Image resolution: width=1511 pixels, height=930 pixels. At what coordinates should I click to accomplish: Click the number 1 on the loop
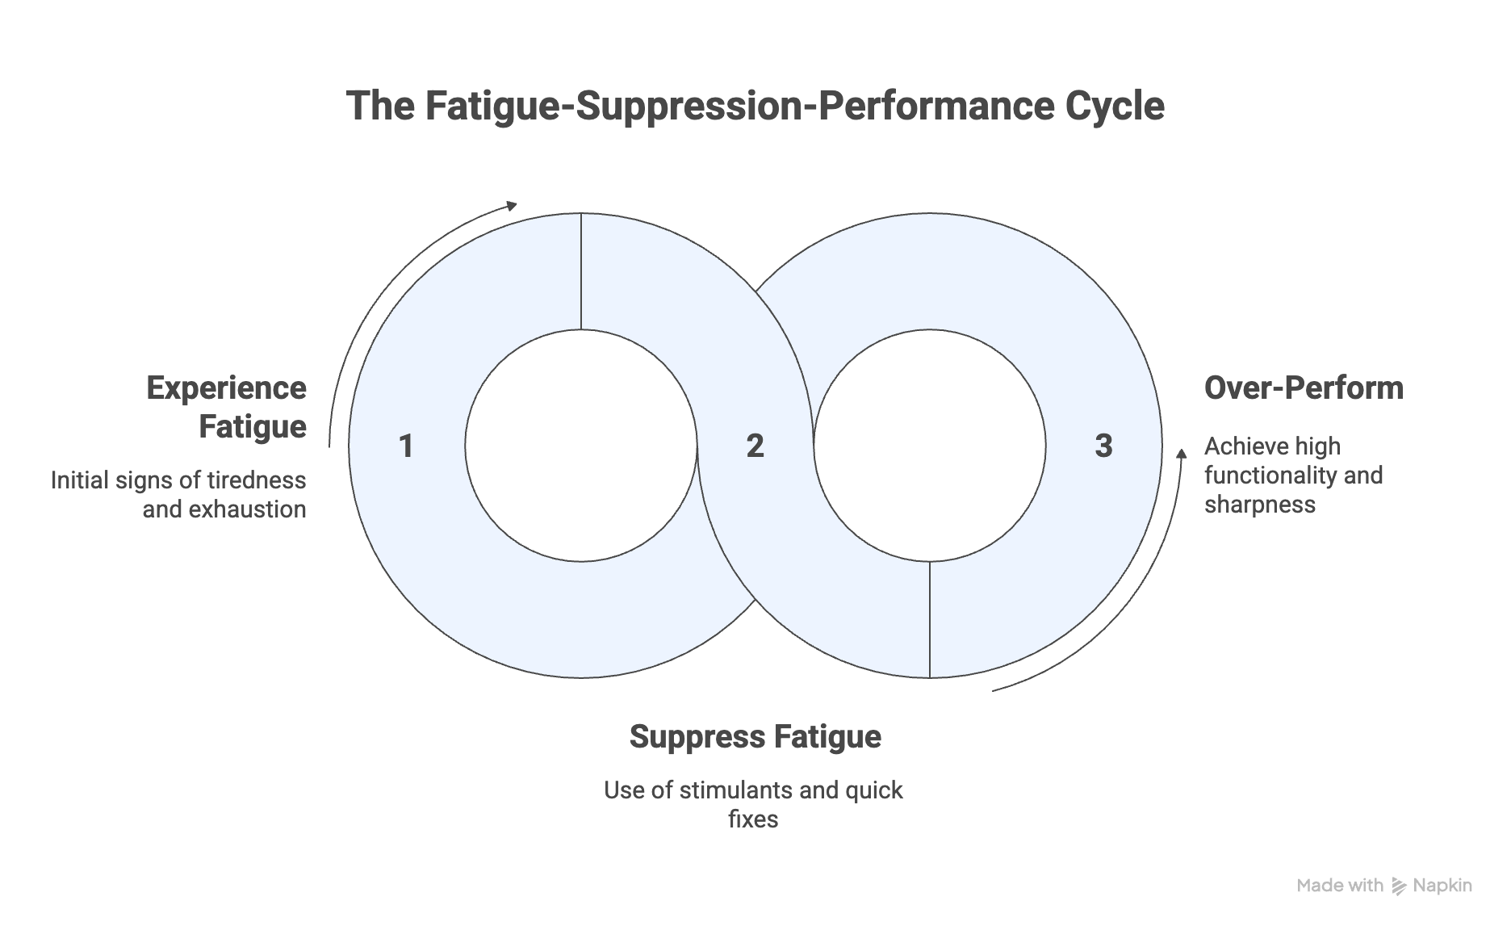(406, 446)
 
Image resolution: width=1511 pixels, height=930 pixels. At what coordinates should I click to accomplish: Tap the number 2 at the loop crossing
(755, 446)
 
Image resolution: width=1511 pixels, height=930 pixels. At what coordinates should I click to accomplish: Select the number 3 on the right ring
(1103, 446)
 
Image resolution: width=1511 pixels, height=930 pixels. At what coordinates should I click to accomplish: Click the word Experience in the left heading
(226, 388)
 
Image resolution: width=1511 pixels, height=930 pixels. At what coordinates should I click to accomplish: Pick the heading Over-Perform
(1303, 388)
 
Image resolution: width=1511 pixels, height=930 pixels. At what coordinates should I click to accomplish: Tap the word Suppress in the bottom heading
(697, 737)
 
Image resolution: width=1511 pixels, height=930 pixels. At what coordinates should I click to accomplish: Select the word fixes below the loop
(753, 819)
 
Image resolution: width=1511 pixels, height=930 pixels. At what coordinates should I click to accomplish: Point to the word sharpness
(1259, 505)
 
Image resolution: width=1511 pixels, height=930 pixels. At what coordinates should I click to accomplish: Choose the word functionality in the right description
(1270, 475)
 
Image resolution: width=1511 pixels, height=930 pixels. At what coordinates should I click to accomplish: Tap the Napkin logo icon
(1399, 886)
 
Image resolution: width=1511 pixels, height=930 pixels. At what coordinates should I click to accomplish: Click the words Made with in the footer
(1340, 886)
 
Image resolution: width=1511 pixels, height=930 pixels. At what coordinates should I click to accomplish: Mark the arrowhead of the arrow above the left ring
(512, 205)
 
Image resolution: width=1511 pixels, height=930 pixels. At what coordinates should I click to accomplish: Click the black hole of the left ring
(580, 446)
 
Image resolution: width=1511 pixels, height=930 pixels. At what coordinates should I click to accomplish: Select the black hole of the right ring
(929, 446)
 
